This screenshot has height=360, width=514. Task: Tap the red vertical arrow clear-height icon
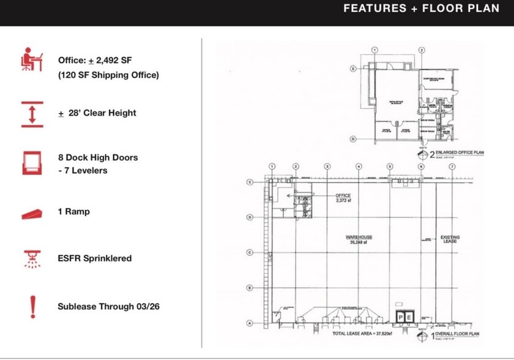tap(32, 114)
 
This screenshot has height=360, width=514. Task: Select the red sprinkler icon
tap(32, 259)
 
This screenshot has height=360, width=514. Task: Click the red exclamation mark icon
tap(32, 307)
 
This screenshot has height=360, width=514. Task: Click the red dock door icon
tap(32, 163)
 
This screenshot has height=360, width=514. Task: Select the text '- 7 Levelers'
tap(83, 170)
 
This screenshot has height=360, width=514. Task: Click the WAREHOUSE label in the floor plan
tap(359, 237)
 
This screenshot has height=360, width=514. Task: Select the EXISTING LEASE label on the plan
tap(450, 239)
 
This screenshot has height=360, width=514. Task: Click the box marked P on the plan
tap(401, 317)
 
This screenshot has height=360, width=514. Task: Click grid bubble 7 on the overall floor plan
tap(452, 166)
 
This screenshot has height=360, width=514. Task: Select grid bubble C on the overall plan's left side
tap(250, 252)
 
